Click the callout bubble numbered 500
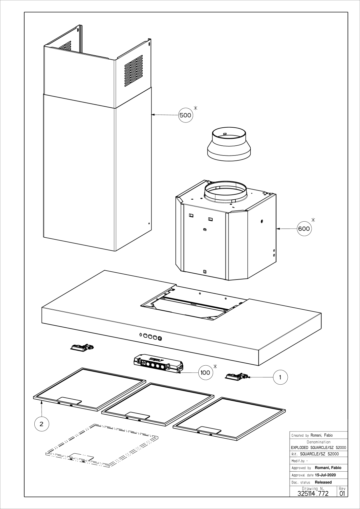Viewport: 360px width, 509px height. (185, 115)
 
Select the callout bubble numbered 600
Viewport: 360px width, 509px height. (304, 228)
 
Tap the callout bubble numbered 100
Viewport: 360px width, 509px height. (206, 373)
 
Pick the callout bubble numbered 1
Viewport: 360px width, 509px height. (280, 377)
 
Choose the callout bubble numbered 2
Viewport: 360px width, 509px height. (42, 424)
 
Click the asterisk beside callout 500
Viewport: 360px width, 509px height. (195, 108)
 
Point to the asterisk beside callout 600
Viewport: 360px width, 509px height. (314, 219)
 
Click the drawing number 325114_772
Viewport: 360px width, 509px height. (313, 493)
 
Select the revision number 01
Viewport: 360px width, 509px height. (342, 493)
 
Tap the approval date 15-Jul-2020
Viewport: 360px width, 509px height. (325, 475)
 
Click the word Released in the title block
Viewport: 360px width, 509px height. (323, 482)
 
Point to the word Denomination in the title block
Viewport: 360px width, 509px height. (318, 442)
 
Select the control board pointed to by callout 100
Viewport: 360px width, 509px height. (158, 364)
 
